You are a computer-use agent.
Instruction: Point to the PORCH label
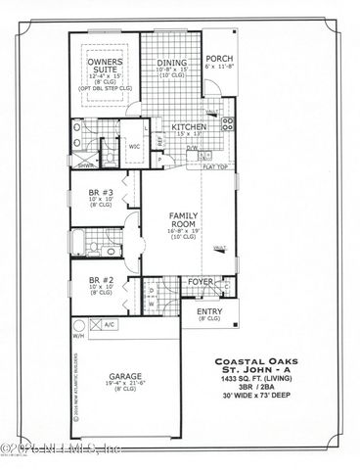tap(218, 58)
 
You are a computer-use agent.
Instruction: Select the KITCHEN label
tap(188, 127)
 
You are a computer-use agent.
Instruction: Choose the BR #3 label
tap(102, 193)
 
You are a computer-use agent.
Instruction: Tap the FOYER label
tap(201, 280)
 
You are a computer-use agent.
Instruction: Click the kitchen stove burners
tap(228, 124)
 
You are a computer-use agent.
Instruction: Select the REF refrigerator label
tap(160, 140)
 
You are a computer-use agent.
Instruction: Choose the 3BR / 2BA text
tap(269, 399)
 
